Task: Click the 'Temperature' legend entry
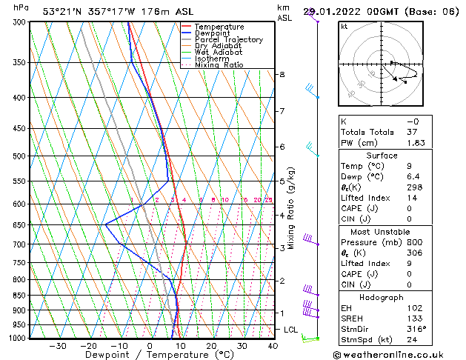tap(219, 27)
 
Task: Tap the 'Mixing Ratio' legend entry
tap(219, 65)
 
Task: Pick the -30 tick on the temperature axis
tap(58, 346)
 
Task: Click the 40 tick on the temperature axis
tap(273, 346)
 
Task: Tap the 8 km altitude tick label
tap(282, 75)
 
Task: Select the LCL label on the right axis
tap(291, 330)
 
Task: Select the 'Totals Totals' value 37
tap(413, 132)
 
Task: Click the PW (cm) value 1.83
tap(416, 143)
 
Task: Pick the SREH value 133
tap(415, 319)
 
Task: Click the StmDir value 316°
tap(417, 329)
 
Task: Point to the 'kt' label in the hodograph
tap(344, 26)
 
